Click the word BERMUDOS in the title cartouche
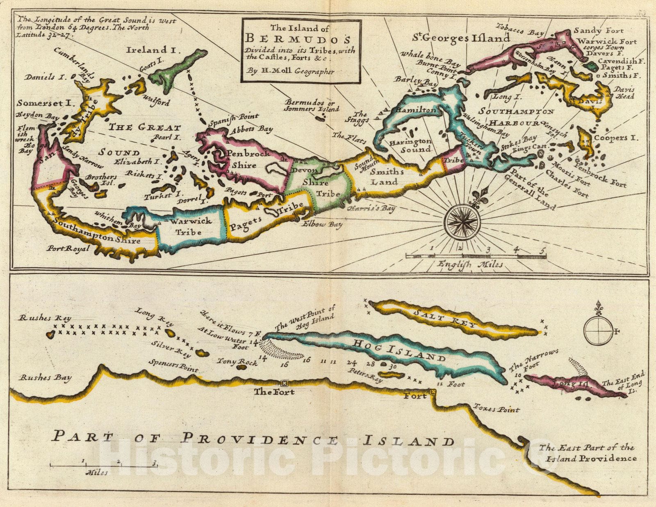coord(298,39)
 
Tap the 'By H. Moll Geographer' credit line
coord(291,71)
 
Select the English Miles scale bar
coord(476,256)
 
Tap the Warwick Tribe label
coord(191,226)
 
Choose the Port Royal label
coord(68,248)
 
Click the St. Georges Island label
coord(461,38)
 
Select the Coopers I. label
coord(616,138)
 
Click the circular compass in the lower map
coord(598,330)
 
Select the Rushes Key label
coord(45,318)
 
